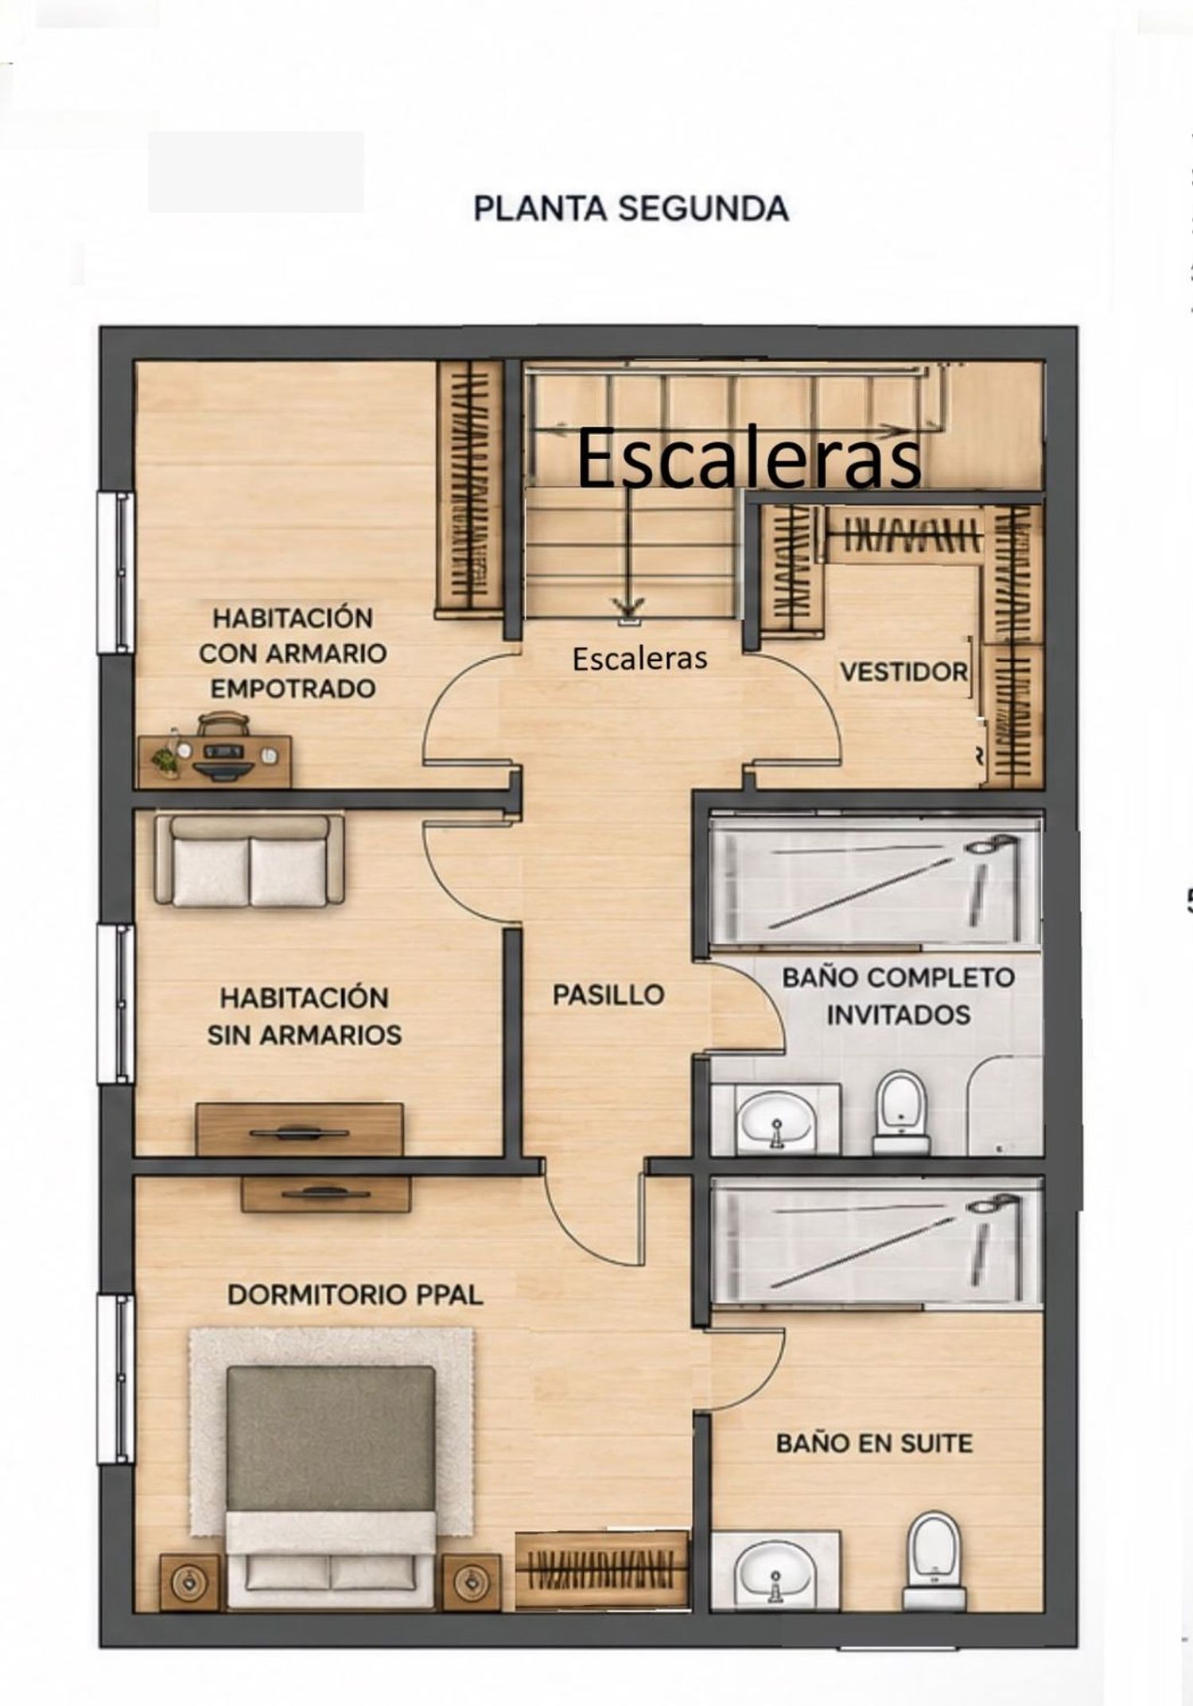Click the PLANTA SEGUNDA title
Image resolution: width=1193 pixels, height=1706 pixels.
tap(631, 208)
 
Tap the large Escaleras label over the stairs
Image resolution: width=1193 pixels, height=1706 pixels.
tap(748, 459)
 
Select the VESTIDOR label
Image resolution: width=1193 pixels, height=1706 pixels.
tap(903, 672)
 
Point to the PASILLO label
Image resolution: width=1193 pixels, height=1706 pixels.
tap(608, 994)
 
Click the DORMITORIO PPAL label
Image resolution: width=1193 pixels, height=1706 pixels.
tap(356, 1295)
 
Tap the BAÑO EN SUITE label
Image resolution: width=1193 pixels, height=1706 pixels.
tap(874, 1444)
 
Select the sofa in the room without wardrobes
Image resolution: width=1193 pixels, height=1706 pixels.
tap(249, 860)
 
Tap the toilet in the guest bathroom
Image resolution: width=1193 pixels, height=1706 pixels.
tap(901, 1113)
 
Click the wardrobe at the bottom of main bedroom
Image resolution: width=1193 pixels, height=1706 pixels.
tap(601, 1569)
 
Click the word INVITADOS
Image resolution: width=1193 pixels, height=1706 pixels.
tap(898, 1015)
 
